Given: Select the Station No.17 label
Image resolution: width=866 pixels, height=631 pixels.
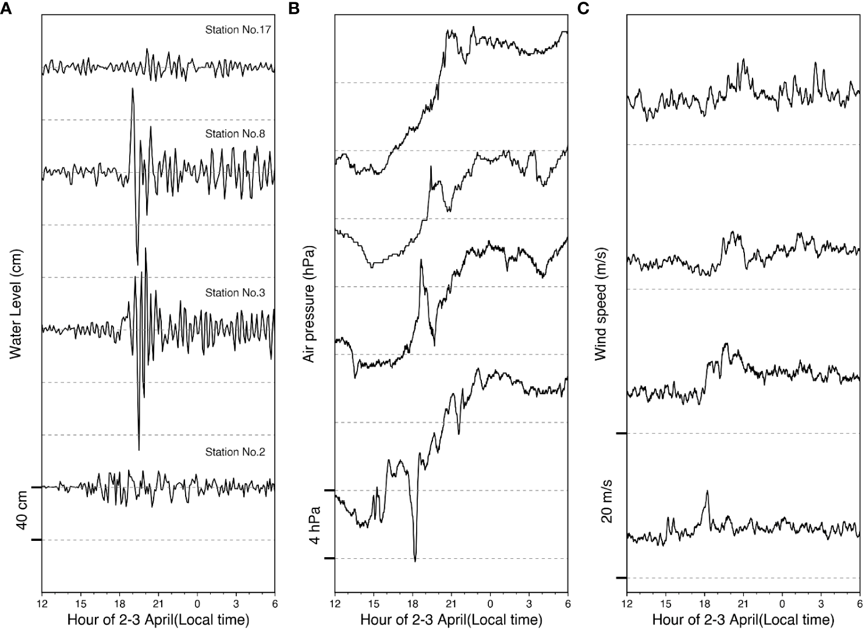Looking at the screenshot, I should [235, 29].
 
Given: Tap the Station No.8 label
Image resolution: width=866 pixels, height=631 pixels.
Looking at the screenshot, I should [235, 134].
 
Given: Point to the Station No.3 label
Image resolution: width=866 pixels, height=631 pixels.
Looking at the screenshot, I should [235, 293].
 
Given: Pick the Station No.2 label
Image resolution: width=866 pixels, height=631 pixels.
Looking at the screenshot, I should [235, 452].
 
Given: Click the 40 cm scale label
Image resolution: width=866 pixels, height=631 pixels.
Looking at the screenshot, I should [22, 514].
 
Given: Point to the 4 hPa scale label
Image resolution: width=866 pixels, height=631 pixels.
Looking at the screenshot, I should [315, 525].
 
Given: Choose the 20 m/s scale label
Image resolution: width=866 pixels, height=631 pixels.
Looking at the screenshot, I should [607, 505].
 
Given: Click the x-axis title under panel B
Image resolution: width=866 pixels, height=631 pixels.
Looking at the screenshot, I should [451, 619].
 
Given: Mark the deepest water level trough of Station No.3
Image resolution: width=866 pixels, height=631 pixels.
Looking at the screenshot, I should [139, 450].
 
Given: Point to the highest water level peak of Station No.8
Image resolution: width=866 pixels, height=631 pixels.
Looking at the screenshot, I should [133, 88].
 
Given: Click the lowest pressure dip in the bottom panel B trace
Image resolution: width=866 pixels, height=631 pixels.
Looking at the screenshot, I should [415, 561].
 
